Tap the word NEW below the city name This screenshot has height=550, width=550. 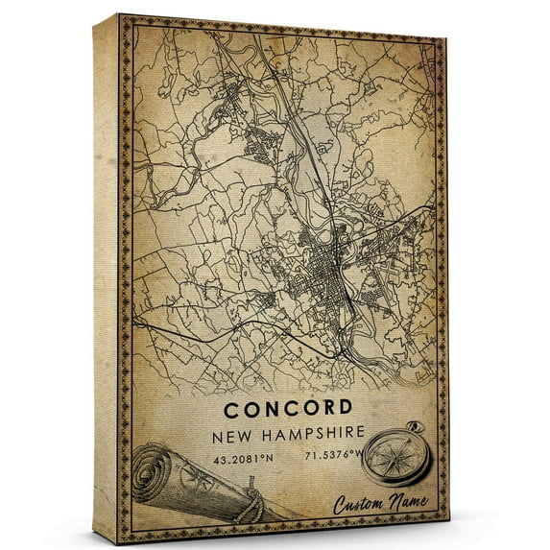pos(235,437)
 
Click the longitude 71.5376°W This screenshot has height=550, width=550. pos(336,457)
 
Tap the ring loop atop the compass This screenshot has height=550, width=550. pos(414,425)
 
